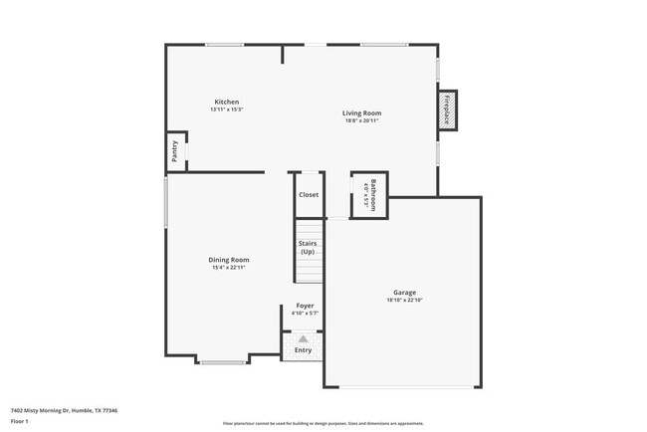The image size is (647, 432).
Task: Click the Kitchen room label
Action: (x=226, y=102)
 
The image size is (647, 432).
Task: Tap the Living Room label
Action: (x=362, y=113)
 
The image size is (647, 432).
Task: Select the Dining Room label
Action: (x=228, y=260)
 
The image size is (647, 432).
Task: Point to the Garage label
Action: (x=404, y=293)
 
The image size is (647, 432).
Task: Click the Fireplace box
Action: (x=448, y=108)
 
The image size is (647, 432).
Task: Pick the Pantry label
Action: (x=174, y=151)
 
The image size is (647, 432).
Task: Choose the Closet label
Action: (x=309, y=194)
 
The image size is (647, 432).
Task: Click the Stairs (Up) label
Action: (x=308, y=248)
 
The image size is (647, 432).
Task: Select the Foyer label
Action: (x=305, y=306)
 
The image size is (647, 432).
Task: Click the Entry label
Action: (x=303, y=349)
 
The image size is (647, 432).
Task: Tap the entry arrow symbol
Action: (x=304, y=338)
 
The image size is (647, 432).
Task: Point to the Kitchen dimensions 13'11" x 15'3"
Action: (x=226, y=109)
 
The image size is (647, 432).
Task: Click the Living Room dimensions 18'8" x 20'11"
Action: (x=362, y=121)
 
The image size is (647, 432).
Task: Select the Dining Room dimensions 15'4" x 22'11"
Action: (x=228, y=268)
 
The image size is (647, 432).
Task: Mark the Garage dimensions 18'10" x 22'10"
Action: (x=404, y=301)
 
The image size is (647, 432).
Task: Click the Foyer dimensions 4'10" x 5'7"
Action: (x=305, y=314)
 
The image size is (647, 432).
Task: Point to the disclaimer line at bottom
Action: (x=323, y=424)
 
